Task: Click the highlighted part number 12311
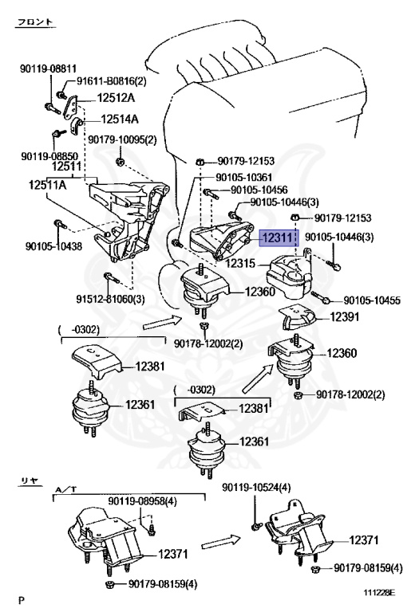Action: (278, 237)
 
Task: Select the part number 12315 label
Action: (240, 264)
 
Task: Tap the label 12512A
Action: (116, 97)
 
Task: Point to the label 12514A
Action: (120, 119)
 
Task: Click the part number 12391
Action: (344, 316)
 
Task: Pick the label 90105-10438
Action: (54, 246)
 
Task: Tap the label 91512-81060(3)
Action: (110, 300)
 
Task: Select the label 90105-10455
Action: (372, 300)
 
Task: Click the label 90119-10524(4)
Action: (256, 488)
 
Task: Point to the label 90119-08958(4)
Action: (142, 501)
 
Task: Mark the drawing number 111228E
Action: (380, 593)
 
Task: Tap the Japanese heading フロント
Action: (35, 22)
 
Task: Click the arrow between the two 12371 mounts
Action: (221, 542)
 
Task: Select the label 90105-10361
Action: (244, 178)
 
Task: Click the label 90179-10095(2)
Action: (122, 139)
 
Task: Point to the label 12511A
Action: (48, 185)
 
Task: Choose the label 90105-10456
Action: (259, 190)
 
